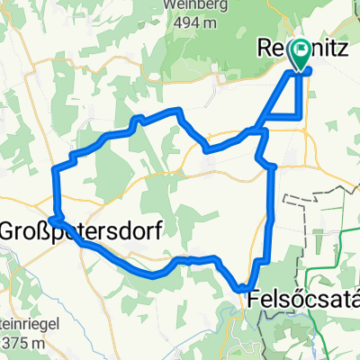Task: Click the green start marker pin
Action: pyautogui.click(x=300, y=55)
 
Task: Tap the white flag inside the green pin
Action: pyautogui.click(x=300, y=51)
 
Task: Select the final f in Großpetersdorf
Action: pyautogui.click(x=158, y=229)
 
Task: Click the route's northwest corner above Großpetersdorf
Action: pyautogui.click(x=57, y=168)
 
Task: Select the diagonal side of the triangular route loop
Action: pyautogui.click(x=279, y=94)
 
